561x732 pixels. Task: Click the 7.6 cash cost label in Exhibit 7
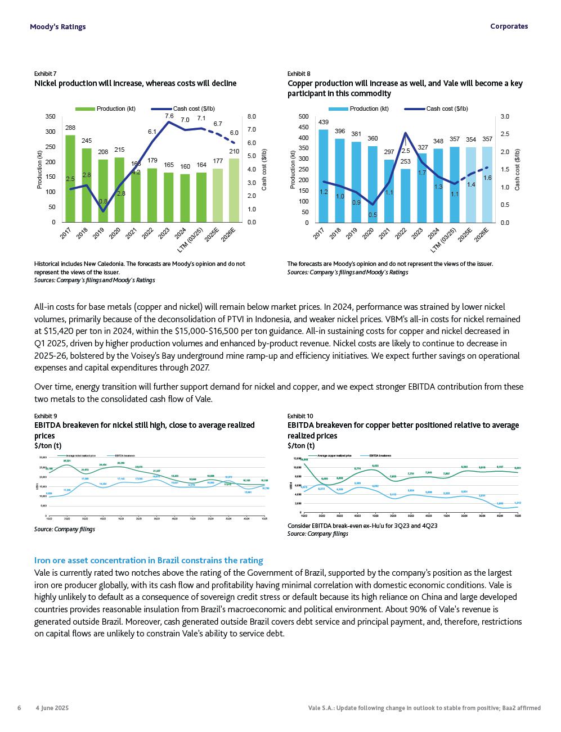click(x=169, y=116)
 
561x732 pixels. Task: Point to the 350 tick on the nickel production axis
click(x=51, y=117)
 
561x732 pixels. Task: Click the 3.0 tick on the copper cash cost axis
click(x=504, y=117)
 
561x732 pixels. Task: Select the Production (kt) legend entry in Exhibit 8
click(x=369, y=109)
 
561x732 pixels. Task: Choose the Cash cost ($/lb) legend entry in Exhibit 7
click(x=194, y=109)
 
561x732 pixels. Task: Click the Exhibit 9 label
click(x=46, y=416)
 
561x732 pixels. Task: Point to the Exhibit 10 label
click(x=300, y=416)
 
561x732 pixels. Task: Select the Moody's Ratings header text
click(x=58, y=26)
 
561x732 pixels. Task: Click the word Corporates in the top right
click(x=509, y=26)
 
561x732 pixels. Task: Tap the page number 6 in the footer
click(x=19, y=708)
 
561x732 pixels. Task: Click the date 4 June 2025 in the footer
click(x=52, y=708)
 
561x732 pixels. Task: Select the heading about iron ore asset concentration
click(x=149, y=561)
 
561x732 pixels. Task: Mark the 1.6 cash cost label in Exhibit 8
click(x=487, y=178)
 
